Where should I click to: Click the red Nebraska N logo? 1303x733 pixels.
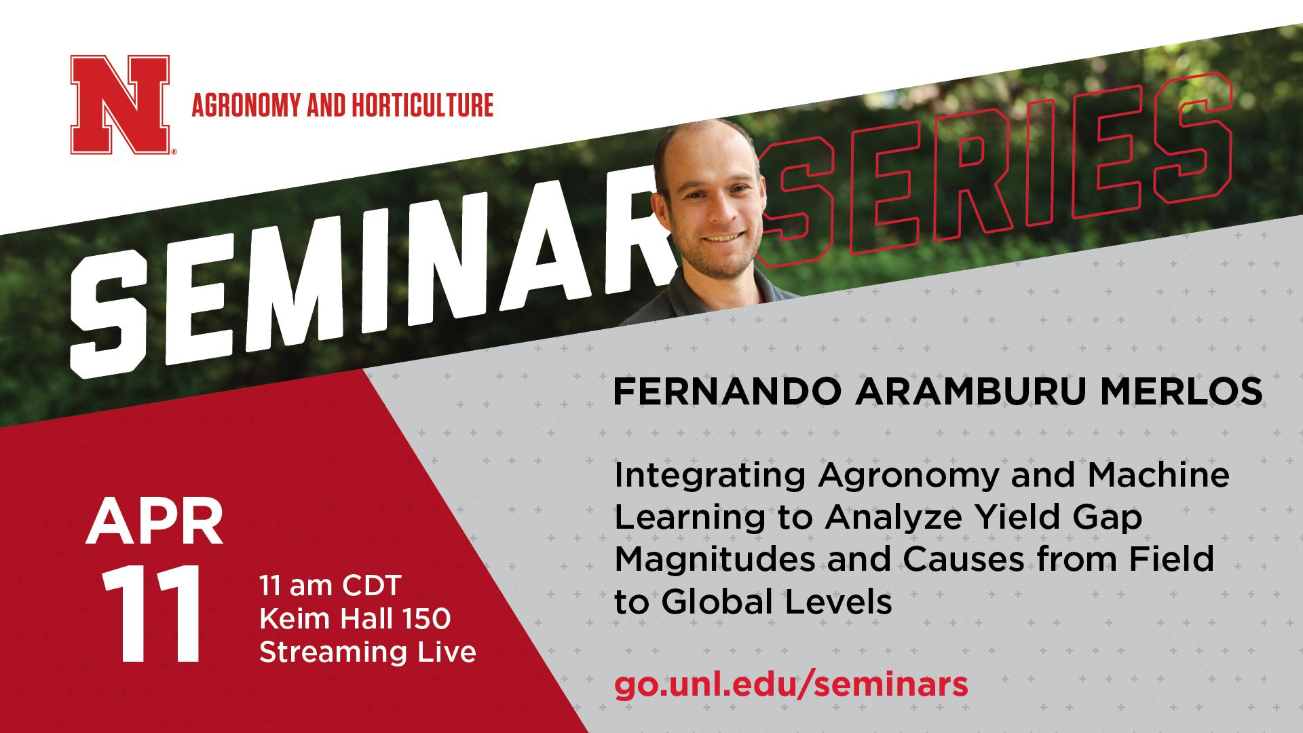pos(120,105)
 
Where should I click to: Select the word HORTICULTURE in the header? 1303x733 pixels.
pos(422,105)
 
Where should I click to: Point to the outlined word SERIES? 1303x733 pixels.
pos(994,170)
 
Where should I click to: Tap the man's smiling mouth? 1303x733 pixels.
pos(723,238)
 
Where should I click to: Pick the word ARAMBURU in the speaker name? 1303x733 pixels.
pos(971,392)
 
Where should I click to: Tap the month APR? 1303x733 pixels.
pos(155,521)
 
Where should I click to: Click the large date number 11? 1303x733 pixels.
pos(152,614)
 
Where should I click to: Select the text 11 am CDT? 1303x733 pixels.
pos(331,586)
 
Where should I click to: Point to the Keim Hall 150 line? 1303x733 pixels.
pos(355,618)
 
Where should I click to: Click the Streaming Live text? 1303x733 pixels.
pos(368,652)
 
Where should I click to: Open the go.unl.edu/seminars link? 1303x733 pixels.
pos(791,684)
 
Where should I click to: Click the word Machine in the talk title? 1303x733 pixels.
pos(1158,475)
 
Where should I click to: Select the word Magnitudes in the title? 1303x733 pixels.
pos(715,561)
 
